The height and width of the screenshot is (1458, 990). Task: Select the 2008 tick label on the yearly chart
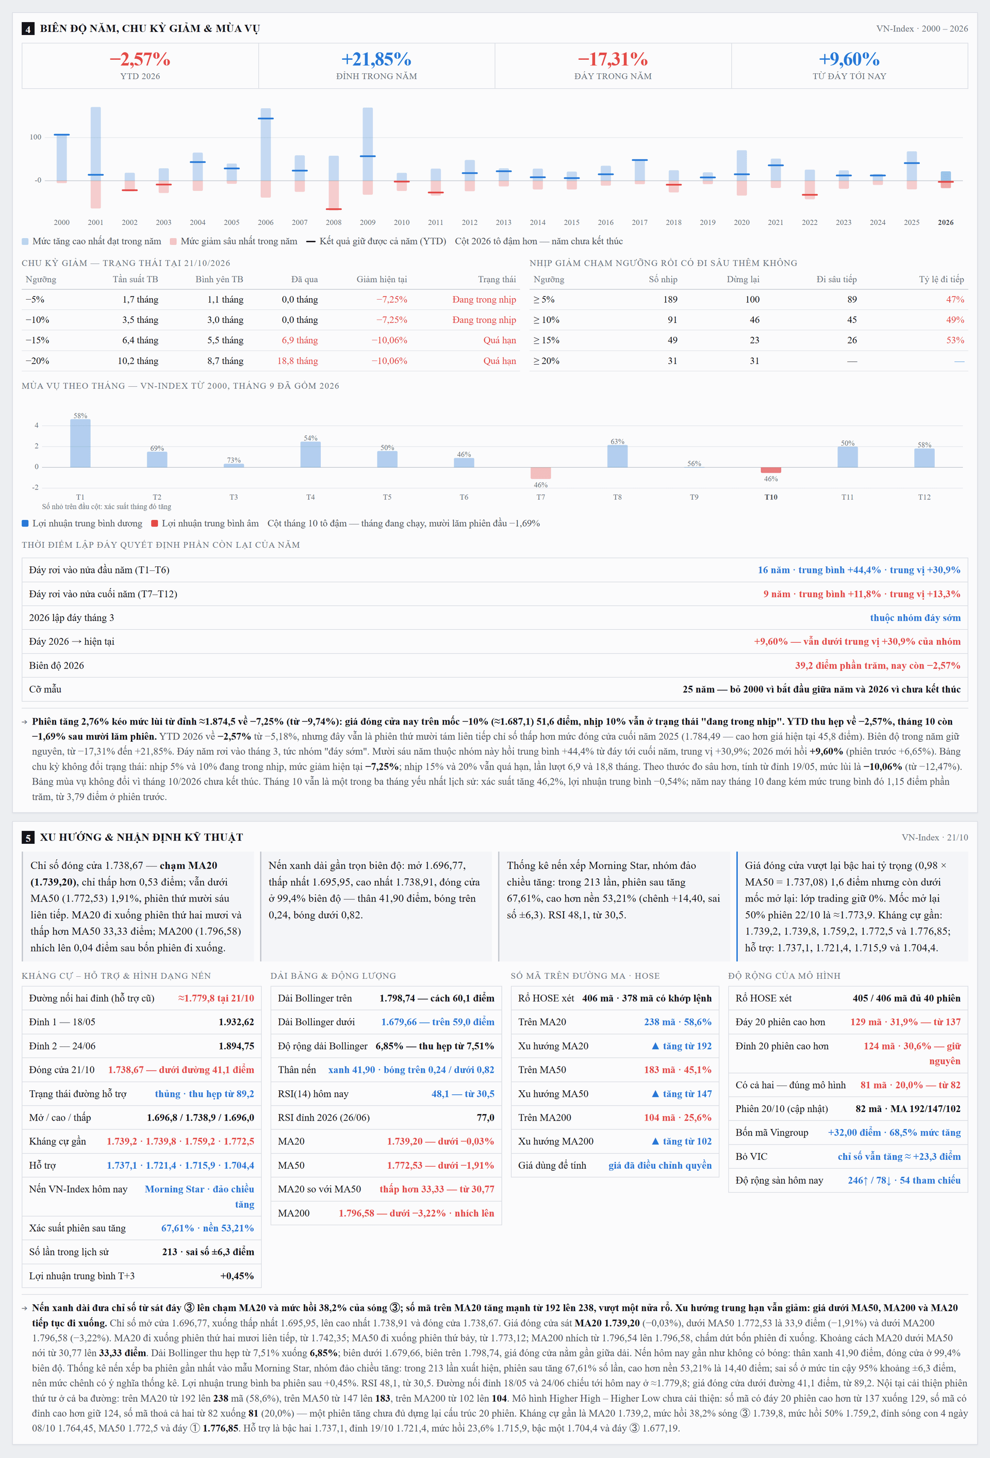pyautogui.click(x=334, y=222)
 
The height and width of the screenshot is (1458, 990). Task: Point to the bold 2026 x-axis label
pyautogui.click(x=946, y=222)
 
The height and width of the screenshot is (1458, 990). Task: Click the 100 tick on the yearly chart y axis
pyautogui.click(x=36, y=137)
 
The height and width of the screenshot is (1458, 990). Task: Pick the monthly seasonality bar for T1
pyautogui.click(x=80, y=443)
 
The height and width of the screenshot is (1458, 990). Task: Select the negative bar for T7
pyautogui.click(x=541, y=473)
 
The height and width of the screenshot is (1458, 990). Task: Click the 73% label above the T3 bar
pyautogui.click(x=234, y=460)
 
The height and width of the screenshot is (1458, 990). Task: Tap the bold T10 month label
pyautogui.click(x=771, y=497)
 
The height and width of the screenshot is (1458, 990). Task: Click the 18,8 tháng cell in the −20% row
pyautogui.click(x=298, y=361)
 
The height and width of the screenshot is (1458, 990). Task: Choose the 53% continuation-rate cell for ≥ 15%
pyautogui.click(x=955, y=340)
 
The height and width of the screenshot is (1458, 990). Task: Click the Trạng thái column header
pyautogui.click(x=497, y=279)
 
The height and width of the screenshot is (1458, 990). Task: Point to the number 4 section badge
pyautogui.click(x=28, y=29)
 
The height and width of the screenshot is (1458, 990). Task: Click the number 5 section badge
pyautogui.click(x=28, y=838)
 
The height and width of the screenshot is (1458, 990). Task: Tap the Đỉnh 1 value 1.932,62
pyautogui.click(x=236, y=1022)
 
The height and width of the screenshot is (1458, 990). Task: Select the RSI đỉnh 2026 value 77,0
pyautogui.click(x=485, y=1117)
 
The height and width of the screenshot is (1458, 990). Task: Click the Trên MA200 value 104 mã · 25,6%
pyautogui.click(x=678, y=1117)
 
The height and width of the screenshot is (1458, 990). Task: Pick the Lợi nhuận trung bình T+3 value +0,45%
pyautogui.click(x=237, y=1275)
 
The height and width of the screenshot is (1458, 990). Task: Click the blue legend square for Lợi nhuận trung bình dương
pyautogui.click(x=25, y=523)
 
